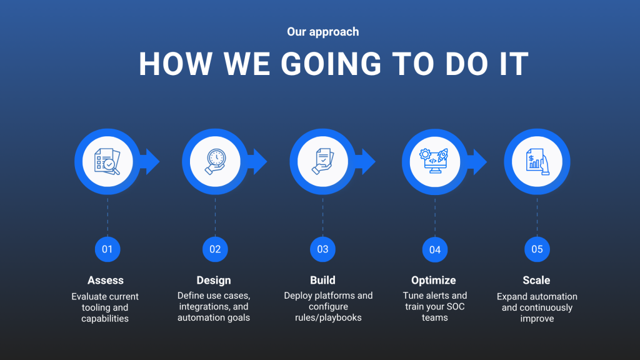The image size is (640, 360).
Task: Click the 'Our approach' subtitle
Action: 323,32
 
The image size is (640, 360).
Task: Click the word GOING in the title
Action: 331,64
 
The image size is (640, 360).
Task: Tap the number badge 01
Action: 107,249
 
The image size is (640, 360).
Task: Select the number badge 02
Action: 215,249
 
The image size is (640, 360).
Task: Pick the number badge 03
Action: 323,249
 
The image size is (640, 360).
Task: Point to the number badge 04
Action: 435,249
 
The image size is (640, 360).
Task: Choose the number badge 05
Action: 537,249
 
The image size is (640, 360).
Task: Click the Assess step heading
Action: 105,281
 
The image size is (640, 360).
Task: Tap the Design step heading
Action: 214,281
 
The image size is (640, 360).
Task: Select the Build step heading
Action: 322,281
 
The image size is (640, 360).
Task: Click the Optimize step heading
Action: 434,281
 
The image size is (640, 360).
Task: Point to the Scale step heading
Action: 536,281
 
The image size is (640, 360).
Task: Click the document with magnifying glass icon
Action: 107,162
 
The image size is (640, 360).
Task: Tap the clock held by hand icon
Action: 215,162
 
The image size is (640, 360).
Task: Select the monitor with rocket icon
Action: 435,161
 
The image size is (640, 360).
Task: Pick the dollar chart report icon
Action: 537,162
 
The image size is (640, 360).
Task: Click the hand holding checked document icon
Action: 323,162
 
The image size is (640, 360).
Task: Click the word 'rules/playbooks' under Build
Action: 328,317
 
